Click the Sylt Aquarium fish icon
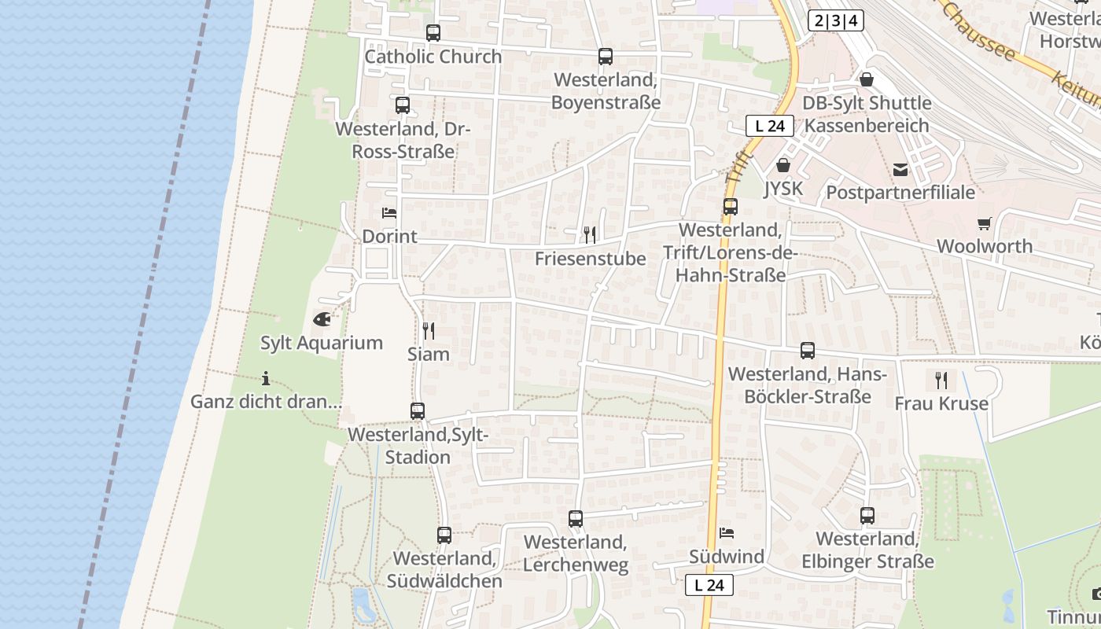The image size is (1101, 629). [322, 318]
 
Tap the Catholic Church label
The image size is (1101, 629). [433, 57]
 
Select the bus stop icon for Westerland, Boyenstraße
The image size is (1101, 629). [605, 57]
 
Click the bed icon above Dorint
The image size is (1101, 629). [389, 212]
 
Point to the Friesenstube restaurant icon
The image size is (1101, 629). [590, 234]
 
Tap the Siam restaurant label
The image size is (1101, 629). [429, 354]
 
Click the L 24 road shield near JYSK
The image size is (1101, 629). [769, 125]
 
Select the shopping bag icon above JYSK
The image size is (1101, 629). [782, 165]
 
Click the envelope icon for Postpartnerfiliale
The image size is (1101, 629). [900, 169]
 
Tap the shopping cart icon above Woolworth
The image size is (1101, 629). [984, 223]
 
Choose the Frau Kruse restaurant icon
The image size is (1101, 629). [941, 381]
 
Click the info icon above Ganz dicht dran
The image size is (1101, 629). [266, 378]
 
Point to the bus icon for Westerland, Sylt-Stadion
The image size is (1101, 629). [418, 410]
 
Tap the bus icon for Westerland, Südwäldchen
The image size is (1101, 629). [444, 535]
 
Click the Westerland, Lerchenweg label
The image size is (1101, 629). [576, 554]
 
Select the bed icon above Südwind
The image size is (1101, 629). [727, 533]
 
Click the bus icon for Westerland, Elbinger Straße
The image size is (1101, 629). [867, 516]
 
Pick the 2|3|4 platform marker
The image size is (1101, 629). [835, 20]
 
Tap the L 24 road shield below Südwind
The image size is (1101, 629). [709, 585]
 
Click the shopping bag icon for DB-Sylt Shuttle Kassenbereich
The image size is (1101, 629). [867, 79]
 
